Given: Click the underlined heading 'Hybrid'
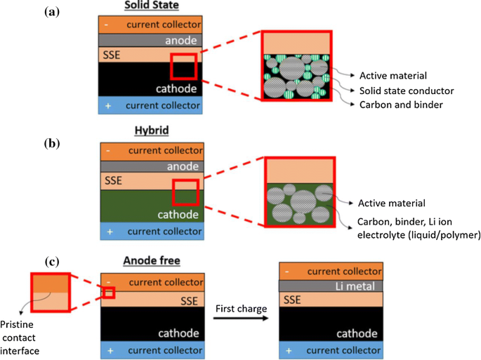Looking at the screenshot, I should (x=152, y=131).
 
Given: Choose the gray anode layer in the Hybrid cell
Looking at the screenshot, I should (x=152, y=167).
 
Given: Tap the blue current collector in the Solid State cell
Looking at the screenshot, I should (x=152, y=106).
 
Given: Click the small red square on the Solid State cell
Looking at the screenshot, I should (x=184, y=66).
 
